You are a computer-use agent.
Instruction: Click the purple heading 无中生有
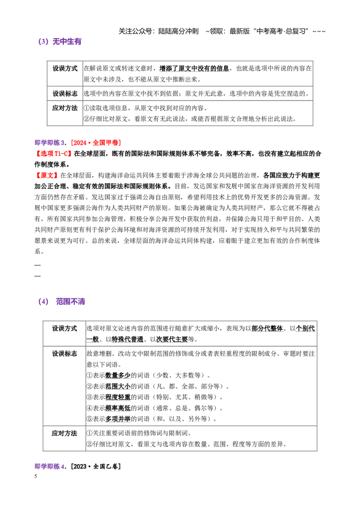tap(67, 41)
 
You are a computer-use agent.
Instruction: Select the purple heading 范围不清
tap(71, 302)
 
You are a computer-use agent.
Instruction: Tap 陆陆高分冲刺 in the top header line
tap(178, 31)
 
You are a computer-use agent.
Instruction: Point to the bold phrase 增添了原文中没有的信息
tap(194, 68)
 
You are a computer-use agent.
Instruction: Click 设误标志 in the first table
tap(65, 94)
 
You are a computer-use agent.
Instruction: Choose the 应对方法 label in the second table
tap(64, 433)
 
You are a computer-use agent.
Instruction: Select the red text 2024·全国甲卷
tap(96, 143)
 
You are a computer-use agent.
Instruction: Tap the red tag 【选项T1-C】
tap(54, 153)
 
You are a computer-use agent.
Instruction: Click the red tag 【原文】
tap(47, 175)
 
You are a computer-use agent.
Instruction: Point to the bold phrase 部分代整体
tap(267, 329)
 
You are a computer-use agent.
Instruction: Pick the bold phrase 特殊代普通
tap(127, 339)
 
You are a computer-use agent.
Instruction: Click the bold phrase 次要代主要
tap(172, 339)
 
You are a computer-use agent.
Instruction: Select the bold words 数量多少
tap(118, 375)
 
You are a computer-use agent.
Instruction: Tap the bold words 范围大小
tap(118, 386)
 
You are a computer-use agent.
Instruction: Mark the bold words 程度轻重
tap(118, 397)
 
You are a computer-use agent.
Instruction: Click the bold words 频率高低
tap(118, 408)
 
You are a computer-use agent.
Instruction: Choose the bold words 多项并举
tap(118, 419)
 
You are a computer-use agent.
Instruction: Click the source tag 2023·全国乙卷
tap(96, 466)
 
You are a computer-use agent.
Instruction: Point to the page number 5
tap(36, 476)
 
